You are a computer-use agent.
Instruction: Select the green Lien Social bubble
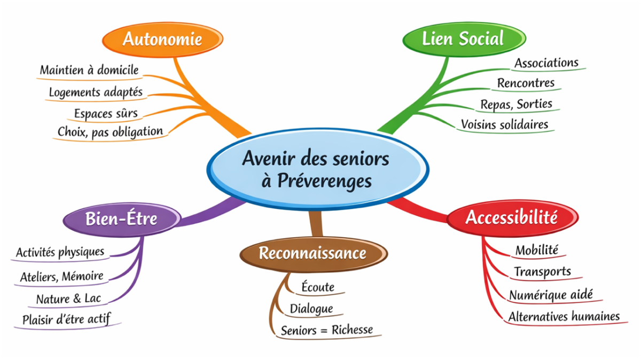[x=463, y=38]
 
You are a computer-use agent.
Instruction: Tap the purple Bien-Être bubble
[x=121, y=218]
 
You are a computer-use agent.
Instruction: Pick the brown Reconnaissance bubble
[x=312, y=253]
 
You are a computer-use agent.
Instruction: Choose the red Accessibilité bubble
[x=511, y=217]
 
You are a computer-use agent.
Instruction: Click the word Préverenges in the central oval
[x=324, y=181]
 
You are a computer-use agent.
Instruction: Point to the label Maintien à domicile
[x=89, y=70]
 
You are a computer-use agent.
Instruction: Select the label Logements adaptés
[x=96, y=92]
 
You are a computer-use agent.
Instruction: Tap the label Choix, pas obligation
[x=110, y=131]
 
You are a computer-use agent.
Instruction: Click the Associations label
[x=546, y=63]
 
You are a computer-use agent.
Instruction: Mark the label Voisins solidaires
[x=504, y=124]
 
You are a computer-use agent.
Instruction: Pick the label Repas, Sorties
[x=516, y=104]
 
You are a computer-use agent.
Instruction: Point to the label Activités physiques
[x=60, y=252]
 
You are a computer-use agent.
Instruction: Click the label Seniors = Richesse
[x=327, y=330]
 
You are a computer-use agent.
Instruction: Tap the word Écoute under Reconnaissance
[x=318, y=287]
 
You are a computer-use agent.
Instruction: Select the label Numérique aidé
[x=551, y=294]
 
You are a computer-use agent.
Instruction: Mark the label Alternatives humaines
[x=564, y=316]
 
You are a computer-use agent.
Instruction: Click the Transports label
[x=542, y=272]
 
